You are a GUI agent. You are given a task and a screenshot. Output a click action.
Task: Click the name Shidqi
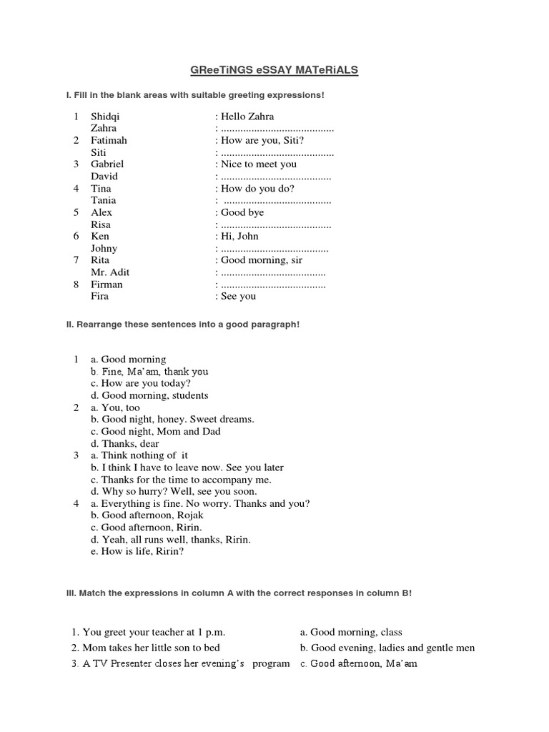[105, 116]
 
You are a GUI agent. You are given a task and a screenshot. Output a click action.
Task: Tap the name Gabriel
[107, 164]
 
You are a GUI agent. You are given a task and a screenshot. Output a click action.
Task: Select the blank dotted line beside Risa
[275, 224]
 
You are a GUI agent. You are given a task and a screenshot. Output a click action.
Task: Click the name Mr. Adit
[110, 272]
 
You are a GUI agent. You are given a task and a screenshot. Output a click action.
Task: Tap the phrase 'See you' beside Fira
[238, 296]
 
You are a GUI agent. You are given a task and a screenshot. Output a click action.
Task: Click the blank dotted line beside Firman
[272, 285]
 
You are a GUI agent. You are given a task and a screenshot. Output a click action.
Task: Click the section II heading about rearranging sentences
[182, 324]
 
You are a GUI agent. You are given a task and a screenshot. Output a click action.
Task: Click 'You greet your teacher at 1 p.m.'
[148, 632]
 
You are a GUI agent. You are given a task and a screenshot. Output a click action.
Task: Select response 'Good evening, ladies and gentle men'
[387, 648]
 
